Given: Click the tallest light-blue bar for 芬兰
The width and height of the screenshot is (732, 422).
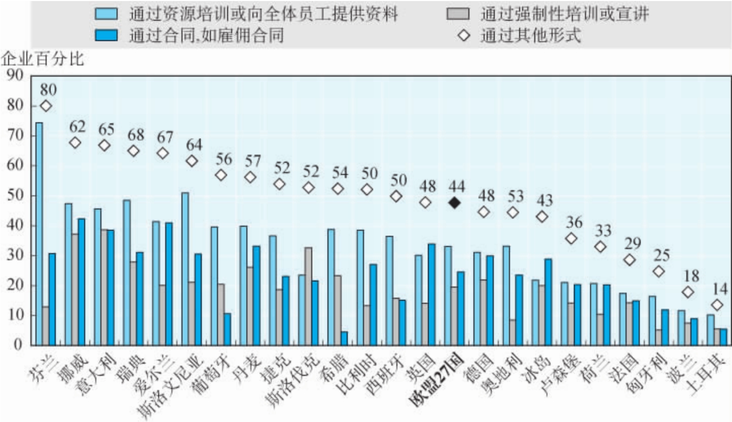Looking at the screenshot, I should pyautogui.click(x=39, y=233).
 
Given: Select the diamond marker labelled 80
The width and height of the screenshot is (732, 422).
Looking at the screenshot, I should pyautogui.click(x=46, y=105).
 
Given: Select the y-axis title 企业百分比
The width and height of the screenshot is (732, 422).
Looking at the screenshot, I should pyautogui.click(x=43, y=59).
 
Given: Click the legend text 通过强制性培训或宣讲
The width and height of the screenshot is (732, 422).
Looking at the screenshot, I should pyautogui.click(x=565, y=14).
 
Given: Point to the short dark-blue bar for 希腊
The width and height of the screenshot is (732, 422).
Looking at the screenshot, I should pyautogui.click(x=345, y=338).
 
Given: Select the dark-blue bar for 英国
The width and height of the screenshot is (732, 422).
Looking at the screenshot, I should pyautogui.click(x=431, y=294).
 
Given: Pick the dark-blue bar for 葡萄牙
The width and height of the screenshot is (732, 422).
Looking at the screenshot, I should pyautogui.click(x=228, y=329).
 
